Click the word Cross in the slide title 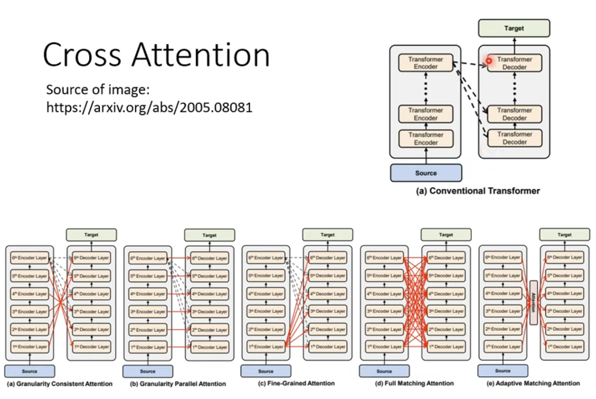(x=82, y=55)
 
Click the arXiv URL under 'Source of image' (x=149, y=107)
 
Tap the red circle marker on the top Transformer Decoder (x=488, y=61)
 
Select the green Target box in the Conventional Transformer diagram (x=514, y=28)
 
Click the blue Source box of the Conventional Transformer (x=426, y=173)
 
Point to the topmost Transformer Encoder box (x=425, y=63)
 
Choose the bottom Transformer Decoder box (x=514, y=138)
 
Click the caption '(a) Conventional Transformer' (x=478, y=191)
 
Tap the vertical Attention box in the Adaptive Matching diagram (x=534, y=302)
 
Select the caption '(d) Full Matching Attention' (x=414, y=383)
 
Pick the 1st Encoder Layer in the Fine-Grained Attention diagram (x=266, y=347)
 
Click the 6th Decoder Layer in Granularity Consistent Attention (x=91, y=258)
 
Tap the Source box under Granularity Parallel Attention (x=147, y=371)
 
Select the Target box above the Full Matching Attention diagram (x=446, y=235)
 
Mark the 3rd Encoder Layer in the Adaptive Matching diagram (x=503, y=311)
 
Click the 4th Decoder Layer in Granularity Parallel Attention (x=209, y=294)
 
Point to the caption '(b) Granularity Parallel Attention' (x=178, y=384)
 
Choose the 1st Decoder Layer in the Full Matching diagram (x=446, y=347)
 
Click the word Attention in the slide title (x=201, y=55)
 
